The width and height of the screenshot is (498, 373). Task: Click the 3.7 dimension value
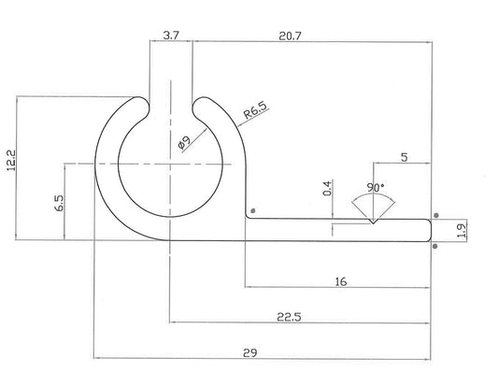pos(171,35)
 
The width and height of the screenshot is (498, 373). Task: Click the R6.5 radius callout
pos(254,115)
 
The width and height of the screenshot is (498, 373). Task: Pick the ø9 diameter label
pos(183,142)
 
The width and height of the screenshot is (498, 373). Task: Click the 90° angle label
pos(375,187)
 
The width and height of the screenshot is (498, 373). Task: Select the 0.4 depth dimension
pos(327,188)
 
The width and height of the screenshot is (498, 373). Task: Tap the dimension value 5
pos(403,158)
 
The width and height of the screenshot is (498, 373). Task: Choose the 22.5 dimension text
pos(290,317)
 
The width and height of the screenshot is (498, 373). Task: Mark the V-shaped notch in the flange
pos(373,222)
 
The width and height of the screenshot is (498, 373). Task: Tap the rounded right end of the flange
pos(428,229)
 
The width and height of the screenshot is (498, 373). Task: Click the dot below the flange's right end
pos(435,247)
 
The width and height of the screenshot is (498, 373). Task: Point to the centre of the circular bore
pos(170,163)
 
